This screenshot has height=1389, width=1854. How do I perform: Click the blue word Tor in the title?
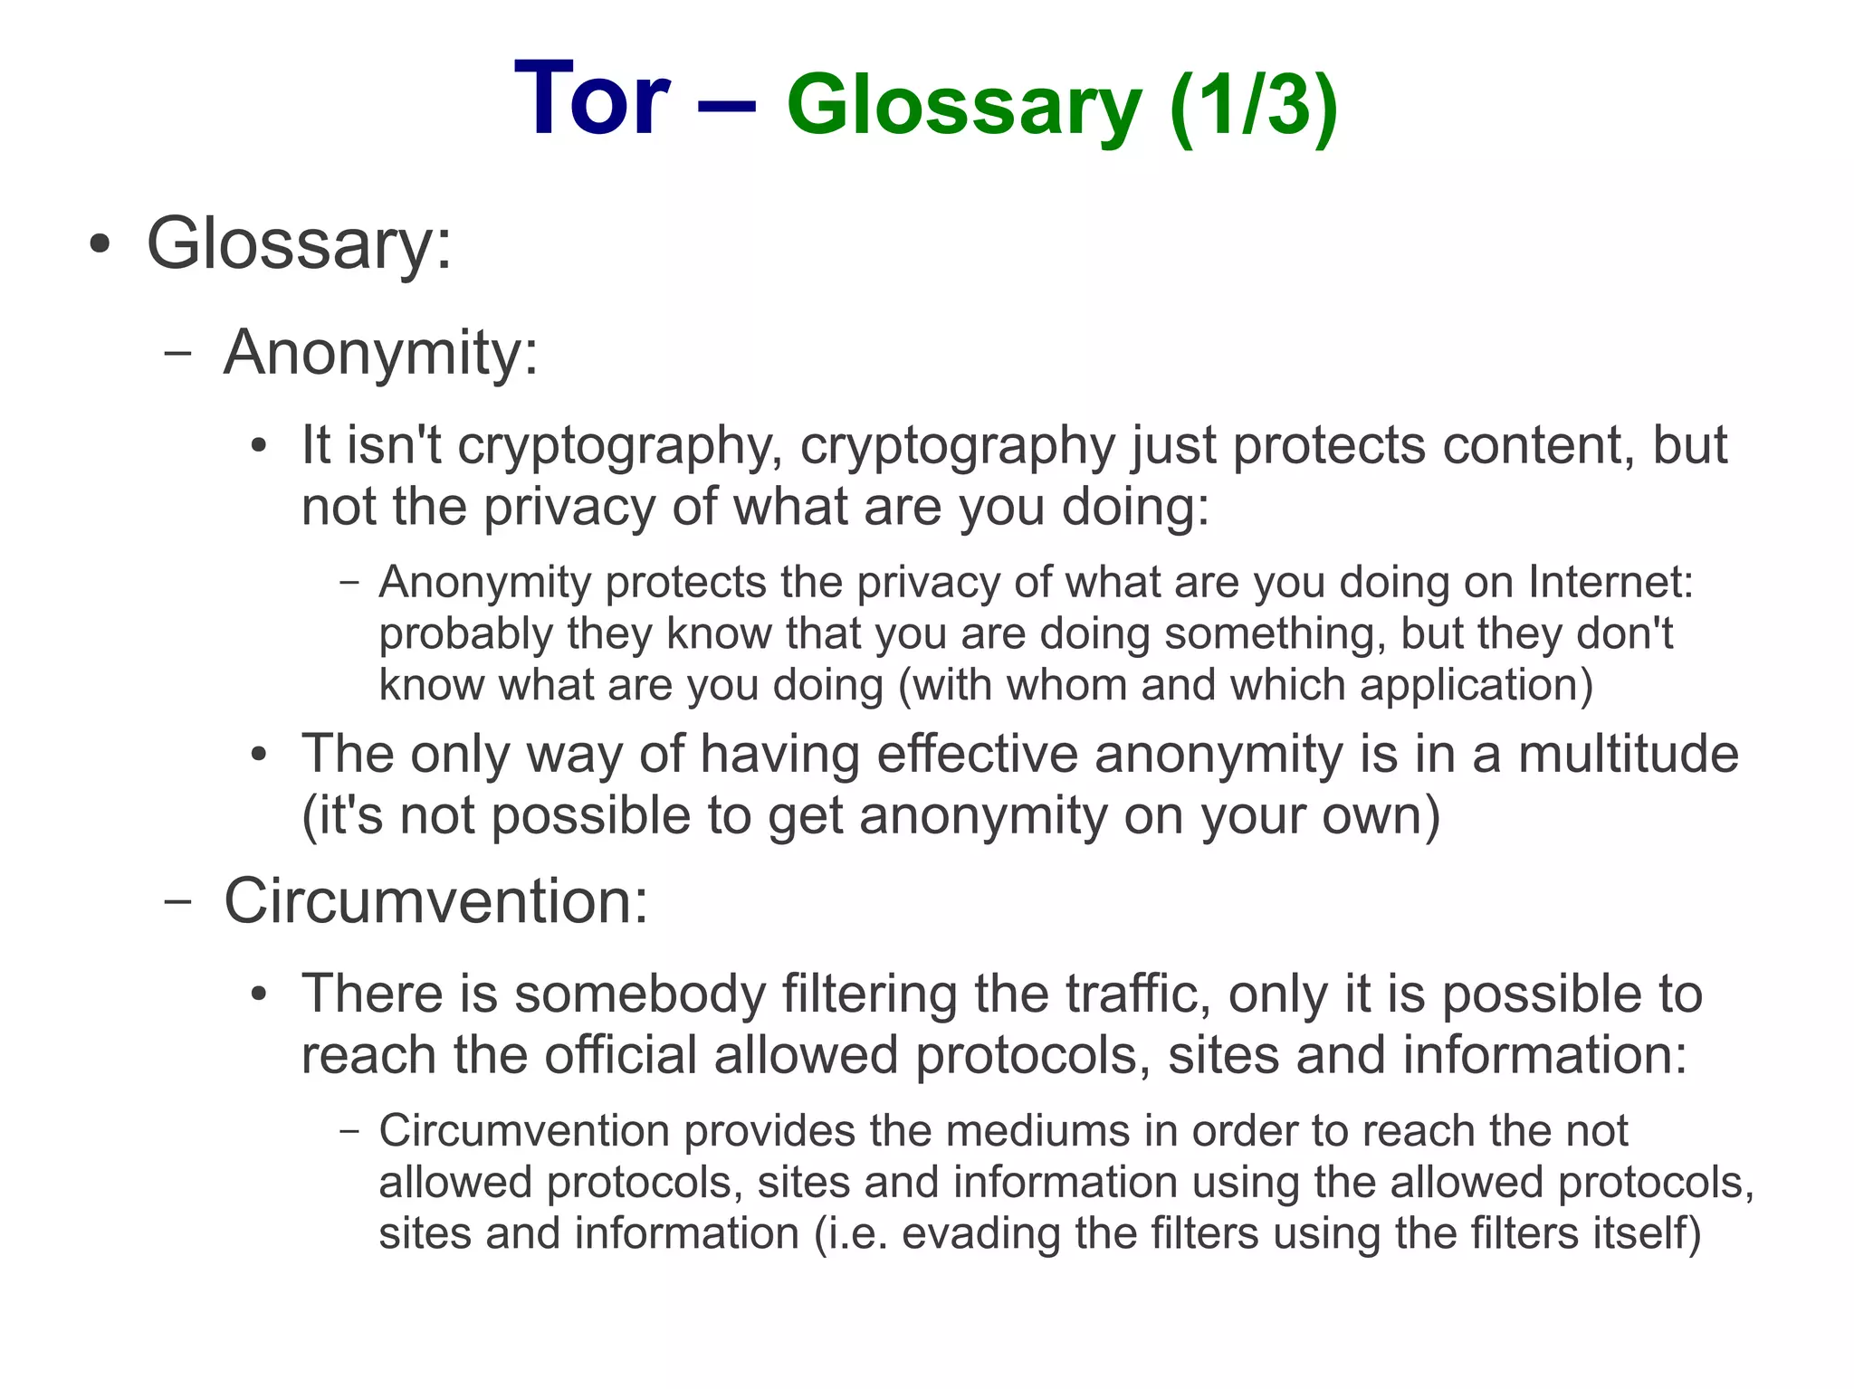[591, 99]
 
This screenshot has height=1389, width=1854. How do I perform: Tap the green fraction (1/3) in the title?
[1253, 106]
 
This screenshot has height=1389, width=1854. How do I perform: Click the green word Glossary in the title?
[964, 108]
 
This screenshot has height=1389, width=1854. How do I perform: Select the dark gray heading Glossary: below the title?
[299, 243]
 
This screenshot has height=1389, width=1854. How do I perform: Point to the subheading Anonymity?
[381, 352]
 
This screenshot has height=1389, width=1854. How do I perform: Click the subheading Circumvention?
[435, 901]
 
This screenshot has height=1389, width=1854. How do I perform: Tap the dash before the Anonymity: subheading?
[177, 353]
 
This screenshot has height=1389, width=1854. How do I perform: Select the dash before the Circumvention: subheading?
[177, 901]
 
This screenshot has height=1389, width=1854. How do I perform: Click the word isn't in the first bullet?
[394, 445]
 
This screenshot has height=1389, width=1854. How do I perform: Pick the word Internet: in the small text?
[1610, 581]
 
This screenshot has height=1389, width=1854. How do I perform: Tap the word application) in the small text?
[1476, 685]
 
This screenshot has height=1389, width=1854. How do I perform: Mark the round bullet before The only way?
[260, 755]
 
